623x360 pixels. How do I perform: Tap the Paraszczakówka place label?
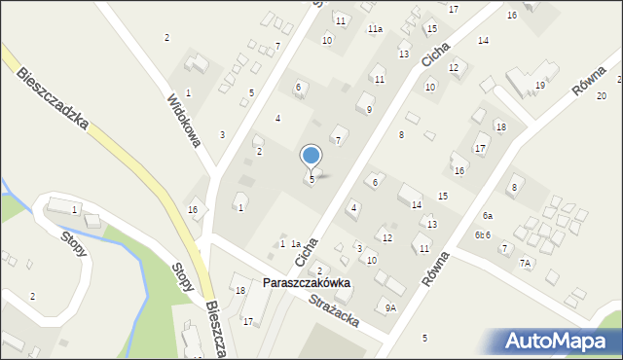coord(306,283)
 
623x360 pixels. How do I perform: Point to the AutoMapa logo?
coord(561,340)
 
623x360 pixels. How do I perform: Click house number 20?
coord(602,95)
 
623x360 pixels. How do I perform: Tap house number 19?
coord(539,86)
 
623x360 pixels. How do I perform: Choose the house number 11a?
coord(375,29)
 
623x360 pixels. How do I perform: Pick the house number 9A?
coord(390,307)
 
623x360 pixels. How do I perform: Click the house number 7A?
coord(526,264)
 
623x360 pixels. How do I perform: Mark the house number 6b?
coord(479,235)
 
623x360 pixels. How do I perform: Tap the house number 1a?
coord(295,243)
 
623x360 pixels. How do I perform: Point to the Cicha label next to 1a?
coord(306,251)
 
